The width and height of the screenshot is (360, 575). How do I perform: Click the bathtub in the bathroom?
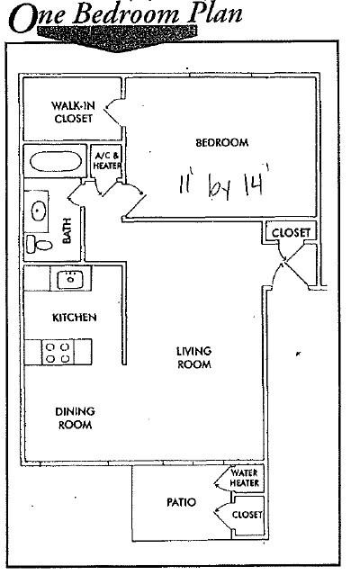(x=52, y=162)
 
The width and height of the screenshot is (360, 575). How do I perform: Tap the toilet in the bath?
(x=40, y=244)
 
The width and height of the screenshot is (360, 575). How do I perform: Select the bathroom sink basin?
(x=38, y=211)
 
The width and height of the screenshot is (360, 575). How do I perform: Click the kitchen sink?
(x=70, y=280)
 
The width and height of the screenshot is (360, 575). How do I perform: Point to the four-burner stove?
(x=58, y=353)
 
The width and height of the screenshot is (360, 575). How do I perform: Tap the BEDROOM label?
(x=221, y=143)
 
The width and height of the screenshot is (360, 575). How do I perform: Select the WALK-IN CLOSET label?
(x=73, y=112)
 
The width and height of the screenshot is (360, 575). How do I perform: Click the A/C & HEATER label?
(x=107, y=160)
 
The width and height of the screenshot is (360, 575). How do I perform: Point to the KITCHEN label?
(x=75, y=318)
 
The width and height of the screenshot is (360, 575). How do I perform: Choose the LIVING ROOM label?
(x=193, y=357)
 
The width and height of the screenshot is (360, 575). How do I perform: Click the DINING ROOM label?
(x=76, y=418)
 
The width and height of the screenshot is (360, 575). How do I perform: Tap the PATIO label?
(x=181, y=502)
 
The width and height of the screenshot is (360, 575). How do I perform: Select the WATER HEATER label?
(x=245, y=478)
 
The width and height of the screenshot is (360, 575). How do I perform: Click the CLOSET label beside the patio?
(x=247, y=515)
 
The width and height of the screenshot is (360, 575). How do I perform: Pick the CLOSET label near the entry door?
(x=291, y=232)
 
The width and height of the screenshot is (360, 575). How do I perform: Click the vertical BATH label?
(x=67, y=230)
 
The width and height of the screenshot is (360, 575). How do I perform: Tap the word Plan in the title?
(x=215, y=13)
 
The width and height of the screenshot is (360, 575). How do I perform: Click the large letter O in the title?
(x=22, y=18)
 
